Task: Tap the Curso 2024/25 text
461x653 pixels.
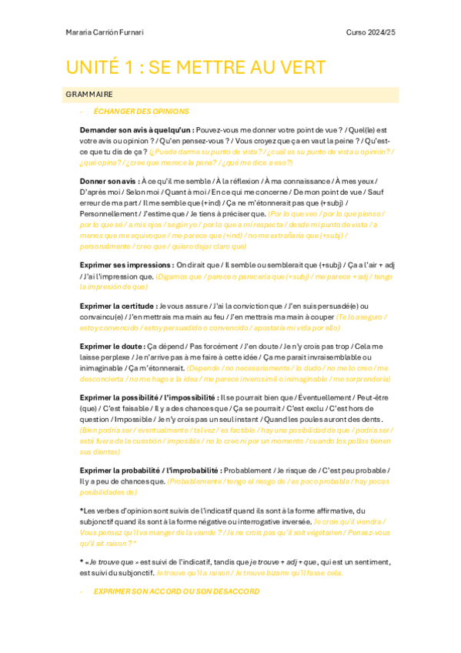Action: (372, 32)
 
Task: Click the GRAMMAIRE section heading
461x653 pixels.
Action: (89, 94)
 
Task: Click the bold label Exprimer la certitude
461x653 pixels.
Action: (119, 306)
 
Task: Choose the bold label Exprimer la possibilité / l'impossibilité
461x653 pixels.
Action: (154, 397)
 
